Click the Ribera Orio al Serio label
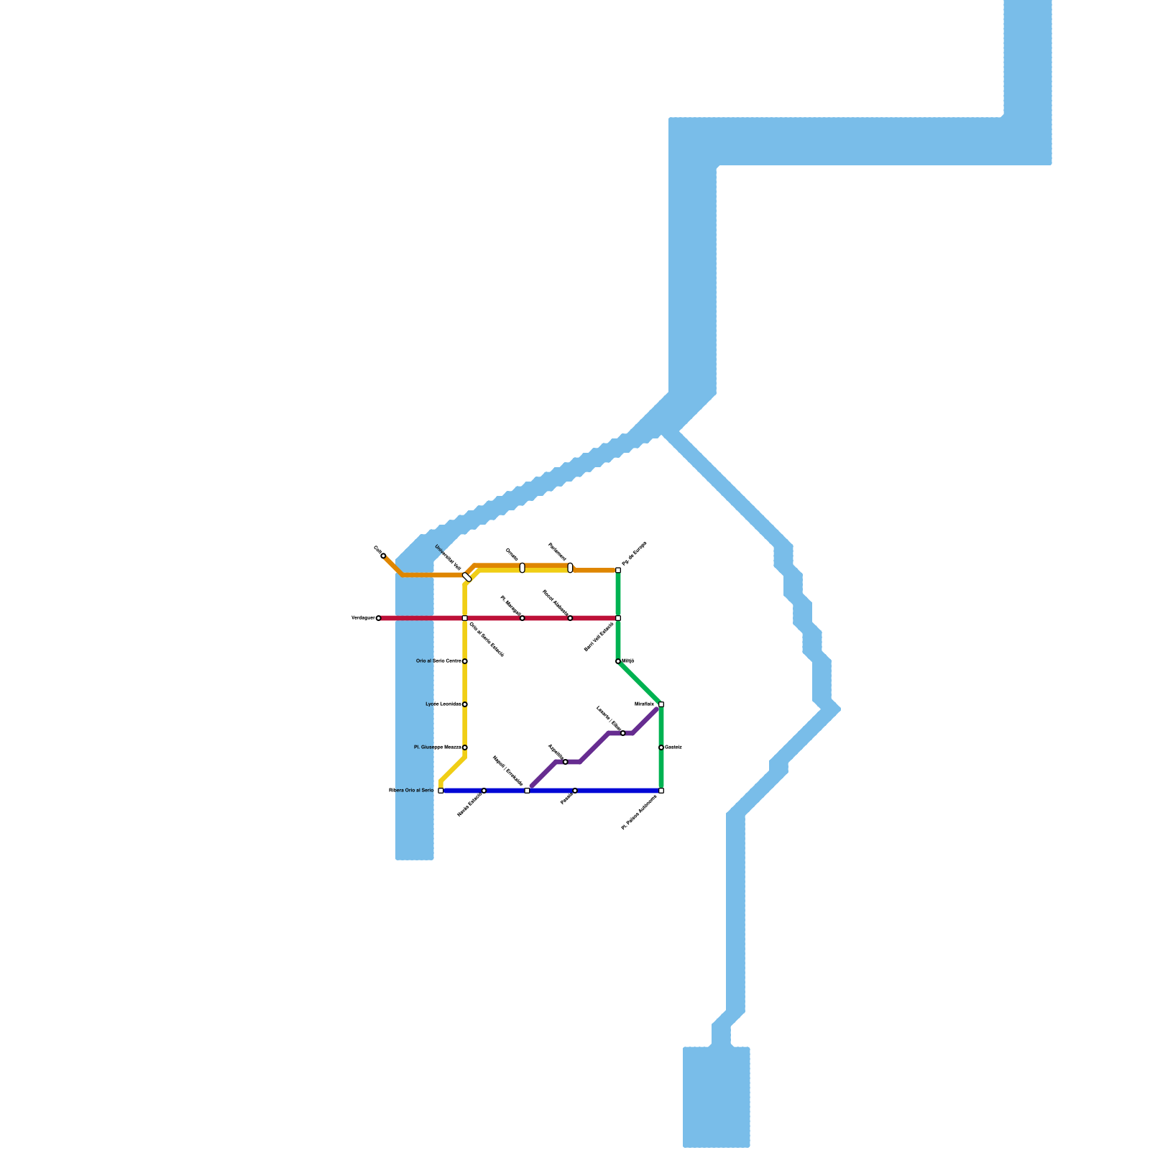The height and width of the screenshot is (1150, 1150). click(411, 791)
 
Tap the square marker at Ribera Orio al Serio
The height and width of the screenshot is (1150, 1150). click(441, 791)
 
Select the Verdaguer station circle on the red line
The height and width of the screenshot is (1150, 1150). click(379, 618)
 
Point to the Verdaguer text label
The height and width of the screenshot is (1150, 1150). click(363, 618)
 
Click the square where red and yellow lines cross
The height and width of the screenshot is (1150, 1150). click(465, 618)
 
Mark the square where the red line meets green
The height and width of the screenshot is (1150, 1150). click(618, 618)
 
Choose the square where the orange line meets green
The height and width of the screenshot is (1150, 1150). click(618, 570)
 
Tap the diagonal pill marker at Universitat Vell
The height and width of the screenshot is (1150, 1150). click(467, 577)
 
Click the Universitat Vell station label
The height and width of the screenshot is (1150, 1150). click(448, 558)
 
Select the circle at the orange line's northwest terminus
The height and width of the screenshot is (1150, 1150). click(383, 556)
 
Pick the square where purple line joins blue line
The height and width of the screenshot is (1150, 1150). click(528, 791)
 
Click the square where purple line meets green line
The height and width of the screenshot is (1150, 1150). click(661, 704)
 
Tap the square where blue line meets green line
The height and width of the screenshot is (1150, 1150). click(661, 791)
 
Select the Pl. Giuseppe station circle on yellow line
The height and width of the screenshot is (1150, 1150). click(465, 747)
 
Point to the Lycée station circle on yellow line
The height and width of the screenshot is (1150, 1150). click(465, 704)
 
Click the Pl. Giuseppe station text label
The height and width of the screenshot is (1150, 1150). click(438, 747)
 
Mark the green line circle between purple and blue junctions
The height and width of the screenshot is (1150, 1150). click(661, 747)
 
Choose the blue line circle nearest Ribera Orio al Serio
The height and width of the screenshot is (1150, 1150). click(484, 791)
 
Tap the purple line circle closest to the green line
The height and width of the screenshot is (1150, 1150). click(623, 733)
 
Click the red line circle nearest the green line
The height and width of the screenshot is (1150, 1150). click(570, 618)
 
